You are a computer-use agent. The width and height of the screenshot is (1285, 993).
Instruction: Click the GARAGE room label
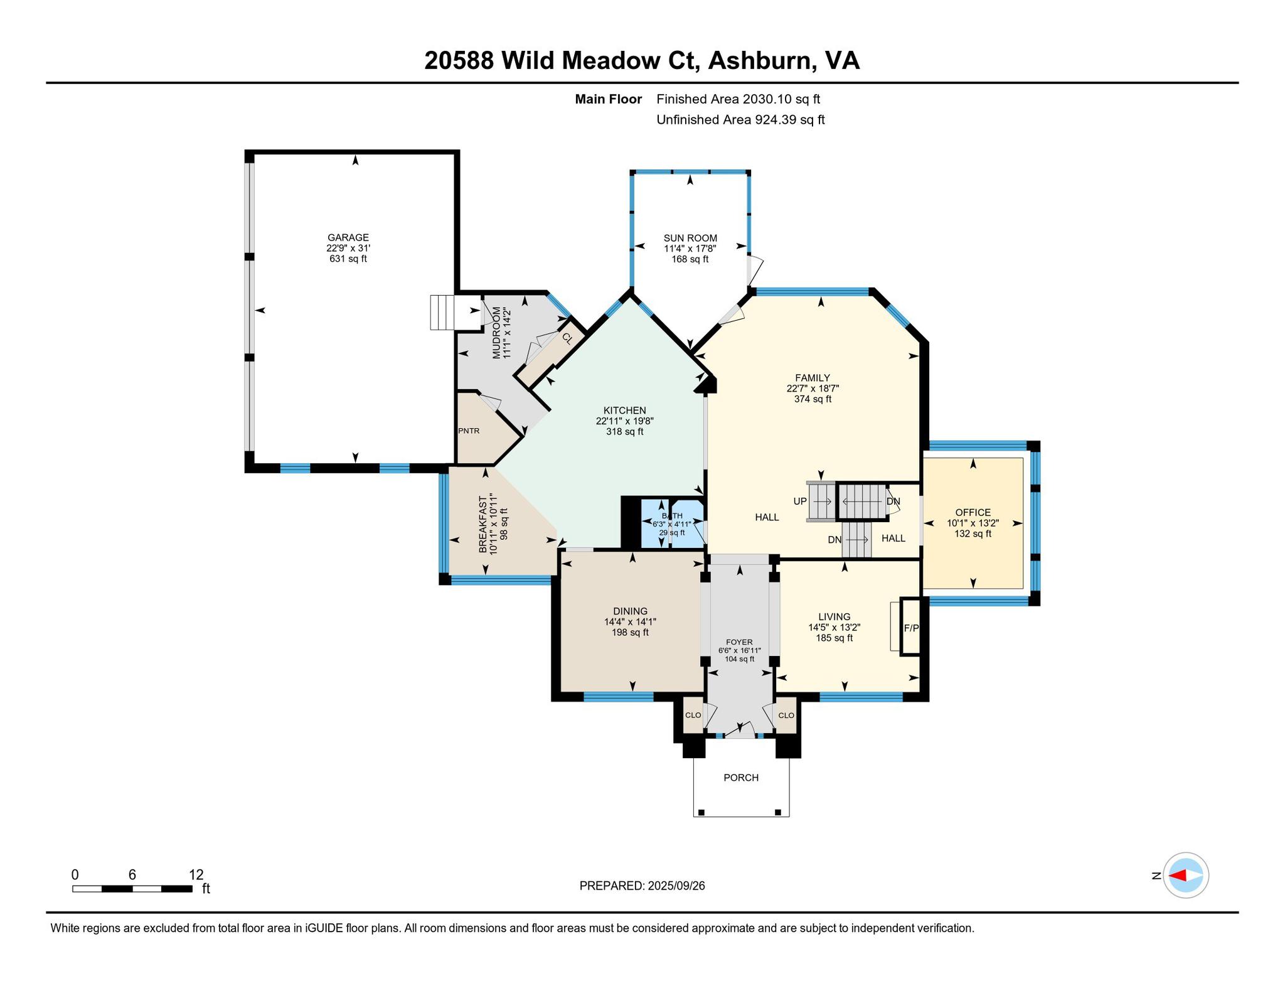(348, 237)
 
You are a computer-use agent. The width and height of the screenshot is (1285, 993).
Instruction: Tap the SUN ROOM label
(690, 238)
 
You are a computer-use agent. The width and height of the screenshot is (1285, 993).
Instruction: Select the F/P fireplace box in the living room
(911, 627)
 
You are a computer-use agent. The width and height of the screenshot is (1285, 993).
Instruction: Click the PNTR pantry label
(469, 431)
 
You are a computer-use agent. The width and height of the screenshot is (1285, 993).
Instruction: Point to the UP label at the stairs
(800, 502)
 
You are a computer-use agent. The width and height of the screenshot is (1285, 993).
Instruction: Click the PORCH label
(741, 778)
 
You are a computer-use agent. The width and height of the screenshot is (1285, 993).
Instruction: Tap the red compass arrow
(1178, 875)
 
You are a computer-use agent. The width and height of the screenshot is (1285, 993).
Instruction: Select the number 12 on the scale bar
(196, 874)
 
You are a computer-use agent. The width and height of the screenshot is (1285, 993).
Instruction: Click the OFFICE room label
(973, 512)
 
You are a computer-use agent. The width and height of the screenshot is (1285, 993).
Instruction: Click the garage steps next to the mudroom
(442, 312)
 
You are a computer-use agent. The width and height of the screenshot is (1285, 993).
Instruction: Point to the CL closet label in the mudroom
(567, 338)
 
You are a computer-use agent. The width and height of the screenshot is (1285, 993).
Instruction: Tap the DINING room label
(630, 611)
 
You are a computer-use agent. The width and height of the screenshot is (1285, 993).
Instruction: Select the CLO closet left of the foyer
(693, 715)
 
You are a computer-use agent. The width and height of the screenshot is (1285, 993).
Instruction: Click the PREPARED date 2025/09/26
(676, 886)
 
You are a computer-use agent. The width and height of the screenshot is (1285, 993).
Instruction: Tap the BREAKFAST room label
(483, 525)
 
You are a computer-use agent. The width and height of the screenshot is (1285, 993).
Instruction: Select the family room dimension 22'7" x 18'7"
(813, 389)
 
